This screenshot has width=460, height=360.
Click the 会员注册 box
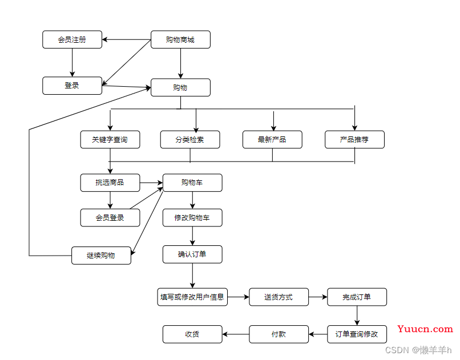coord(72,39)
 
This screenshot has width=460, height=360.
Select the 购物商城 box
coord(180,39)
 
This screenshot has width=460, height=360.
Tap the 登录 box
coord(72,86)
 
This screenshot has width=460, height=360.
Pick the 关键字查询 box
coord(110,140)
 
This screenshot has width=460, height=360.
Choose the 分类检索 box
coord(190,140)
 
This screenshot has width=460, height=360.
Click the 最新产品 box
coord(272,140)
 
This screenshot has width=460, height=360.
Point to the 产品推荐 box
coord(354,140)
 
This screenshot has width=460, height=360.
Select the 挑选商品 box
coord(110,183)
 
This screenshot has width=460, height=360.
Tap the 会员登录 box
coord(110,217)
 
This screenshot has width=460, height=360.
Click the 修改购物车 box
coord(192,217)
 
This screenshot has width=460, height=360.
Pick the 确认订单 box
coord(192,254)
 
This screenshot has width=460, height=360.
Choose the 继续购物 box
coord(101,256)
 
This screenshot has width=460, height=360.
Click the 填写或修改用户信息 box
coord(192,297)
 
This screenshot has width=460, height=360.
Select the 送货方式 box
coord(279,297)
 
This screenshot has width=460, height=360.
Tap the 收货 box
coord(192,334)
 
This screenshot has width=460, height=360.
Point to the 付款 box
coord(279,334)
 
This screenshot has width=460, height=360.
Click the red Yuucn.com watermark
coord(425,329)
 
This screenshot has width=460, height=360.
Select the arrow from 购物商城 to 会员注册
coord(127,39)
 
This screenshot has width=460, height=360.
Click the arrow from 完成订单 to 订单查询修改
coord(357,315)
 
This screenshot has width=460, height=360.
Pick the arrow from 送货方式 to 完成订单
coord(318,297)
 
